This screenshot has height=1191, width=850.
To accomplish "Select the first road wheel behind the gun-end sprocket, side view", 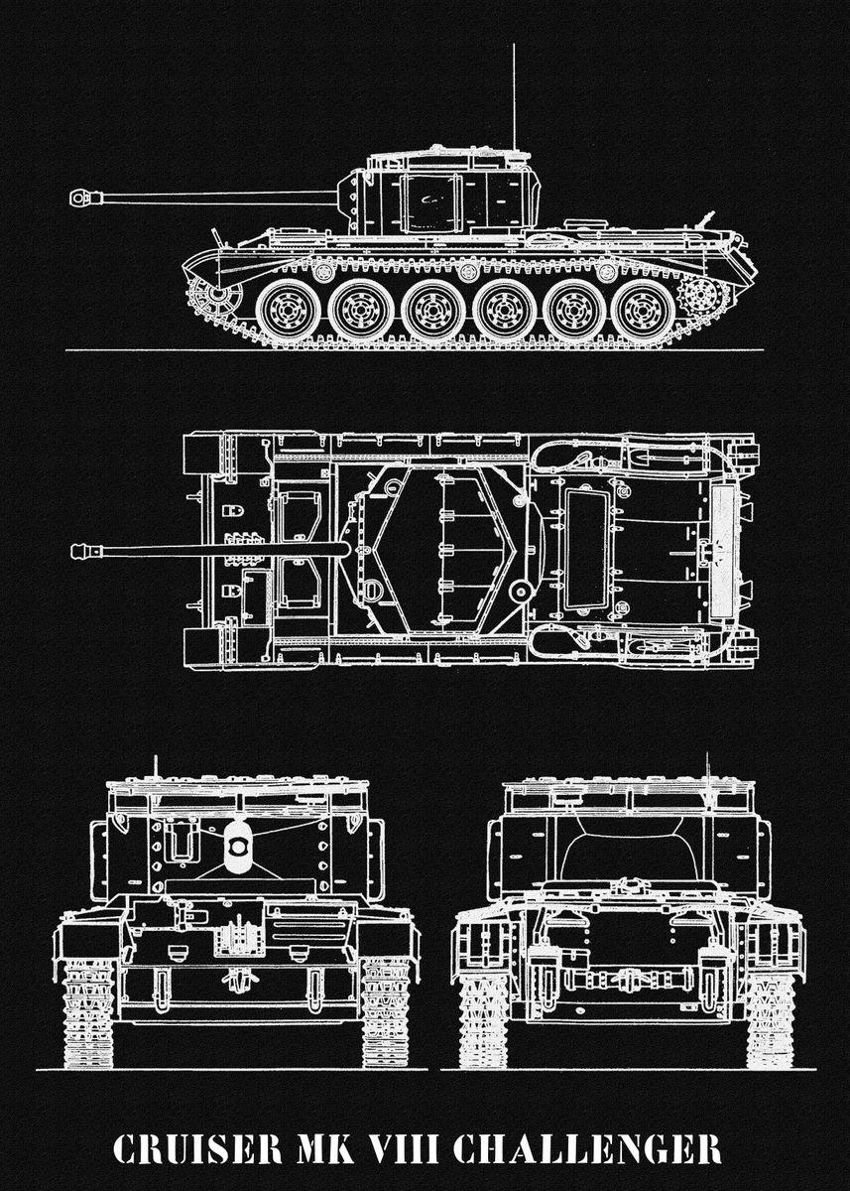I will [x=288, y=310].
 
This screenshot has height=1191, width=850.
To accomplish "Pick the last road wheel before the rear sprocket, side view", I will [x=643, y=310].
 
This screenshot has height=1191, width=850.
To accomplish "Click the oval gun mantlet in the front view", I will [x=236, y=847].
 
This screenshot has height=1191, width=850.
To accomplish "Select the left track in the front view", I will [x=89, y=1012].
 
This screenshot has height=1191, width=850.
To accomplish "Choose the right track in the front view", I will [x=385, y=1012].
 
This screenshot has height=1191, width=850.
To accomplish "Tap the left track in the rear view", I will [x=483, y=1017].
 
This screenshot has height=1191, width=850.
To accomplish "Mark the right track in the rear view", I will [x=771, y=1017].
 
